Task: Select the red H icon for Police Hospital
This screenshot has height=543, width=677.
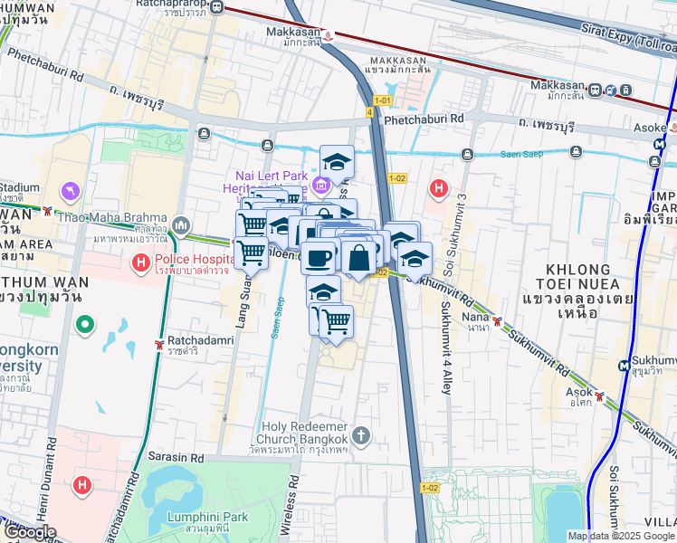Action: [140, 263]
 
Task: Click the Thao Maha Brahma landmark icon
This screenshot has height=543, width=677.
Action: [181, 224]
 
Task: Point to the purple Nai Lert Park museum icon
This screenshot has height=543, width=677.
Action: [319, 186]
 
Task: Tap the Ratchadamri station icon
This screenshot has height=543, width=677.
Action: [159, 345]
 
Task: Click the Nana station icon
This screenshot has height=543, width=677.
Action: [497, 321]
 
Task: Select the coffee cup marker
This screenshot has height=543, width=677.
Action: [317, 257]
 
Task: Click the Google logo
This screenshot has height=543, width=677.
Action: [29, 532]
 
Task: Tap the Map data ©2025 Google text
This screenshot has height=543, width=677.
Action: [619, 535]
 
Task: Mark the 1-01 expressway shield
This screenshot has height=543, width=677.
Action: [383, 100]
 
